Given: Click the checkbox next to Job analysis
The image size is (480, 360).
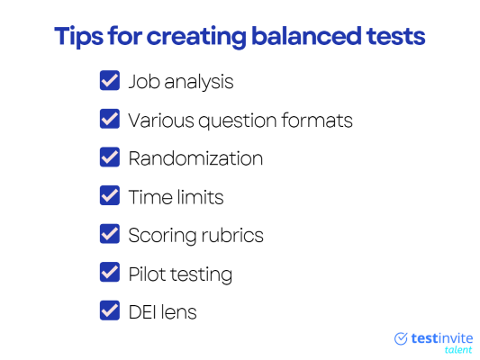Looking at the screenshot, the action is [x=110, y=80].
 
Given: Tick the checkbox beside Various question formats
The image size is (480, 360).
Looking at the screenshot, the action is [x=110, y=119].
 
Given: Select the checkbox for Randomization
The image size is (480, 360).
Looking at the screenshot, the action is [x=110, y=157].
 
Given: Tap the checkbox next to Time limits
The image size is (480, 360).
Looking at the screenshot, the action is [x=110, y=195].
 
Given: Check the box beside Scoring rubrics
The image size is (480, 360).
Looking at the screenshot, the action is [x=110, y=234].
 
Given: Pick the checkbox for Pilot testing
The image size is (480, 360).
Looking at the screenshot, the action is [x=110, y=272].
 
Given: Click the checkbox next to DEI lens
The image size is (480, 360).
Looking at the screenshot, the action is [x=110, y=310].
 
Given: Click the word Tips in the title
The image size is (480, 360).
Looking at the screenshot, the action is [x=79, y=37].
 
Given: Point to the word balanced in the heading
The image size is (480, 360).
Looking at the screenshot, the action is [x=306, y=36].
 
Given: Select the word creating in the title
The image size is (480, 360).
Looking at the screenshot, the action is [x=196, y=37].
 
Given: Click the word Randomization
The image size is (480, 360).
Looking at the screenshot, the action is [x=195, y=158].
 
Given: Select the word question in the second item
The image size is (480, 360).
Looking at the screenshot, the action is [x=238, y=121].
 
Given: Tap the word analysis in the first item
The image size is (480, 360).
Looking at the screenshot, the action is [x=199, y=83].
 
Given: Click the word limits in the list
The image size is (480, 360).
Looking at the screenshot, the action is [x=200, y=197].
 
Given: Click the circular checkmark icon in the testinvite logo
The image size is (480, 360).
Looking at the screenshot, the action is [x=401, y=338].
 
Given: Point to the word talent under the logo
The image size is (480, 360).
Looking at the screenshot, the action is [x=458, y=349].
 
